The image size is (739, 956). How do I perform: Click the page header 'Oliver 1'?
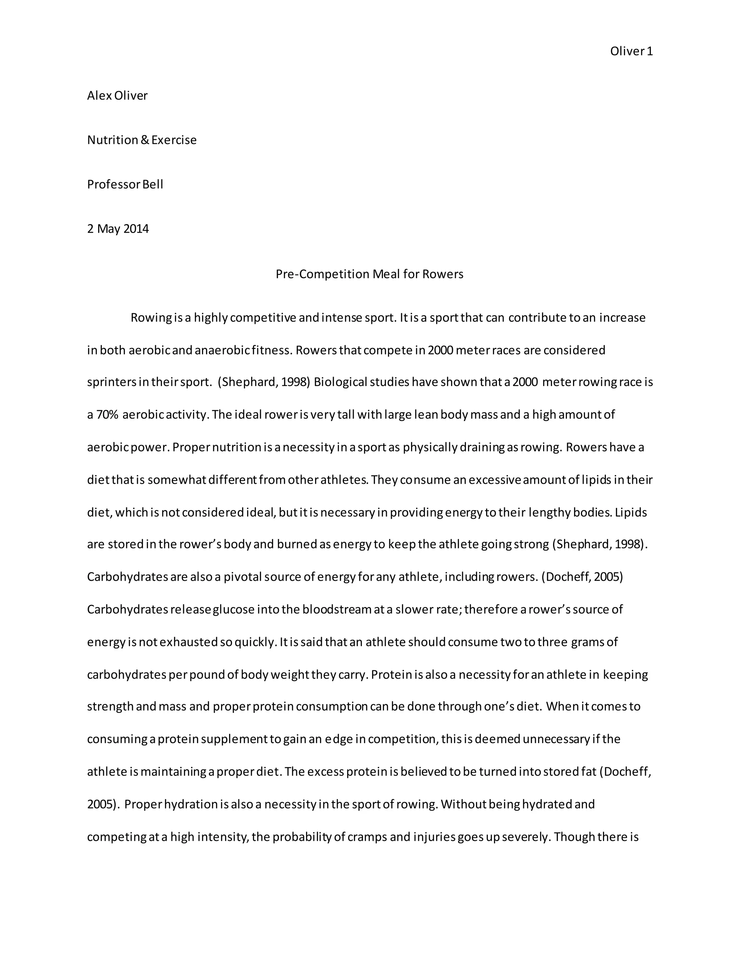(x=631, y=52)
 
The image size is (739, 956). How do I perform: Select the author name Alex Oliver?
(x=117, y=96)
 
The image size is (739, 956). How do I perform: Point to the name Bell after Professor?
(x=152, y=184)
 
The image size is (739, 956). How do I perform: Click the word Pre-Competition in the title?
(x=322, y=274)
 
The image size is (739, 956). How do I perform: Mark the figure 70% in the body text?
(x=107, y=415)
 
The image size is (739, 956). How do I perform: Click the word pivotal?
(x=244, y=577)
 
